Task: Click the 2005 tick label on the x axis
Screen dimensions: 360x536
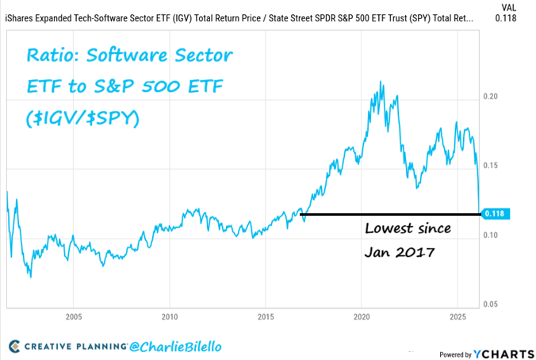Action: [73, 316]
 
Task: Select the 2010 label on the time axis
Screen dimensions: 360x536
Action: [169, 316]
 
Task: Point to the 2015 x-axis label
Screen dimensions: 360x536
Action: [266, 316]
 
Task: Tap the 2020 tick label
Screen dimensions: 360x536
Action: [362, 316]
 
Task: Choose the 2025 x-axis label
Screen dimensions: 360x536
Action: [458, 316]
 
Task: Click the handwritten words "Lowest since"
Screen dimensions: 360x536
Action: [408, 229]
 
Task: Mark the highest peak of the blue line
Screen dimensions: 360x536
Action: [381, 81]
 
